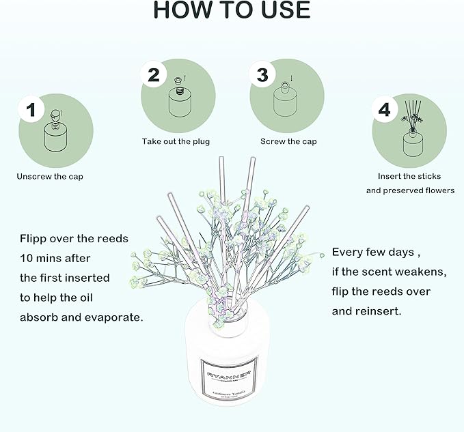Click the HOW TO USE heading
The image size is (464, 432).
(x=232, y=11)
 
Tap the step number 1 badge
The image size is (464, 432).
(x=31, y=109)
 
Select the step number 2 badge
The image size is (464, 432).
(x=154, y=74)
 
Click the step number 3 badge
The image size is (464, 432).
(x=262, y=74)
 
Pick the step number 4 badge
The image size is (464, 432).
(x=385, y=109)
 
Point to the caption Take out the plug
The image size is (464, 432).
(x=176, y=142)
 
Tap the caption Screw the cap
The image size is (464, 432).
(x=288, y=142)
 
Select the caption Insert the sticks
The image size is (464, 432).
(x=409, y=176)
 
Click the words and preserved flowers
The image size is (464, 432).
(x=409, y=190)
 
